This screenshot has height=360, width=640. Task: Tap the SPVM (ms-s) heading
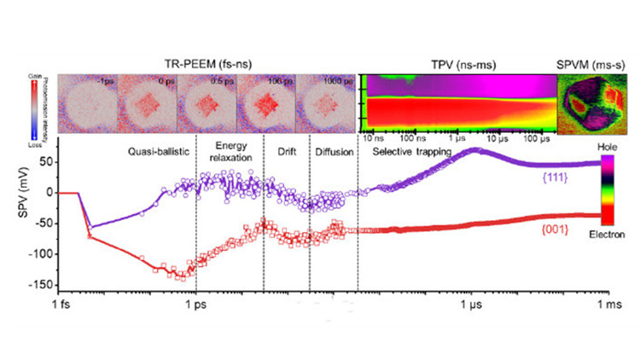pyautogui.click(x=586, y=64)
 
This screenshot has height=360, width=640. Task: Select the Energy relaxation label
pyautogui.click(x=230, y=151)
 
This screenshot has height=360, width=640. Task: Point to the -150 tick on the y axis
pyautogui.click(x=60, y=285)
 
